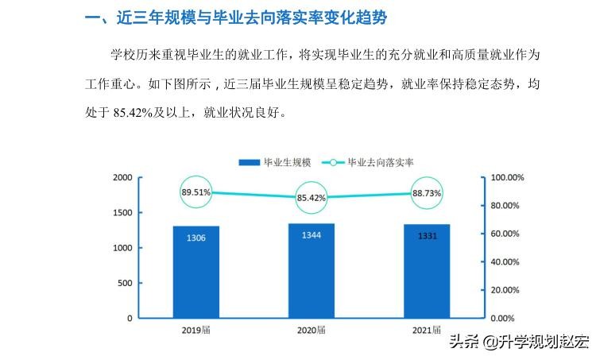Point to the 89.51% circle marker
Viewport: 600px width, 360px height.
point(195,192)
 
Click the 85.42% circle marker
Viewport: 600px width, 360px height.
point(312,198)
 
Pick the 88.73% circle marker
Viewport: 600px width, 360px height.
point(427,193)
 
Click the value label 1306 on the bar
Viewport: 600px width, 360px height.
point(195,238)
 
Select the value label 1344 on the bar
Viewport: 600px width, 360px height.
point(312,235)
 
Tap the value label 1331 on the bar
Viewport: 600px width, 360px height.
point(427,236)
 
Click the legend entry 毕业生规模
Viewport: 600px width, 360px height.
point(275,162)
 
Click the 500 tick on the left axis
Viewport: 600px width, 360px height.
point(125,283)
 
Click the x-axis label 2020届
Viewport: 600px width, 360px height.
point(312,330)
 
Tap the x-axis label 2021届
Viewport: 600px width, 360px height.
point(427,330)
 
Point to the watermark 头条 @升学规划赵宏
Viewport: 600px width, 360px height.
point(519,343)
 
